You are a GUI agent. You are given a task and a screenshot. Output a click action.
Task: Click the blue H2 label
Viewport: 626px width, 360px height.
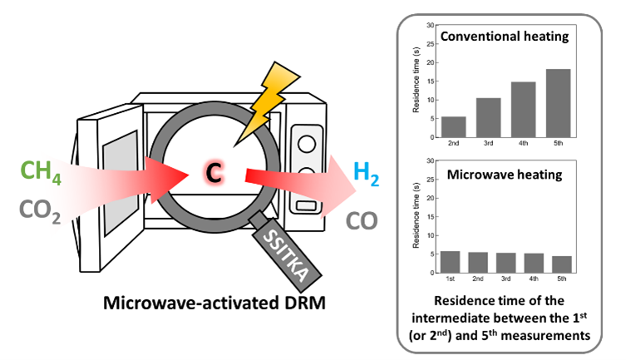[x=370, y=173]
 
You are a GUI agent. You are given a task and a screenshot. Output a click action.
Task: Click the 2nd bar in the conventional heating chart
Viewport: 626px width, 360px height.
[x=452, y=128]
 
